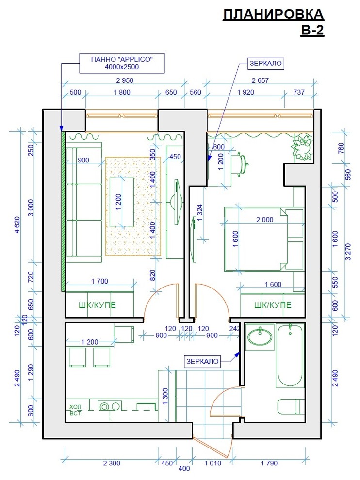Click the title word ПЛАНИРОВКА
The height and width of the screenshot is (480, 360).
click(x=273, y=15)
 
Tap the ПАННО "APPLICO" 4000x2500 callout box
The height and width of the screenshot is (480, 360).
click(x=122, y=64)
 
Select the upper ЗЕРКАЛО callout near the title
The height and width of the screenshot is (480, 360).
click(x=265, y=64)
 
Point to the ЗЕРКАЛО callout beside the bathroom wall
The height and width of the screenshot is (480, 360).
click(x=202, y=361)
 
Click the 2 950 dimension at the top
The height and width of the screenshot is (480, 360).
click(x=125, y=80)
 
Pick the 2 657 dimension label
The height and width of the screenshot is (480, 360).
click(x=260, y=80)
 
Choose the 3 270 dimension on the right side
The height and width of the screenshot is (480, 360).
click(x=348, y=252)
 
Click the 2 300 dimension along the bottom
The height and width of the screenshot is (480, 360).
click(x=112, y=463)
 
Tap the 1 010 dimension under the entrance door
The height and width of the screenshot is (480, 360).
click(x=213, y=463)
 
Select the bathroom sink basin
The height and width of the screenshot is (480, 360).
click(x=260, y=337)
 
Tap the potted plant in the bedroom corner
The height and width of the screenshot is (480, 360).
click(x=301, y=146)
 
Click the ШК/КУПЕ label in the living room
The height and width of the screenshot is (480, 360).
click(x=97, y=305)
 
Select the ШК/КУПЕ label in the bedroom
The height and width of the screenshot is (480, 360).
click(x=273, y=305)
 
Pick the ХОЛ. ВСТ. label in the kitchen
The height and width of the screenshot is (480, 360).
click(x=76, y=410)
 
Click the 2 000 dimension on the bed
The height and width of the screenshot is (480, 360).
click(x=265, y=220)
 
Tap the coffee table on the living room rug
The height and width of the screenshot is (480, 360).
click(x=122, y=202)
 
